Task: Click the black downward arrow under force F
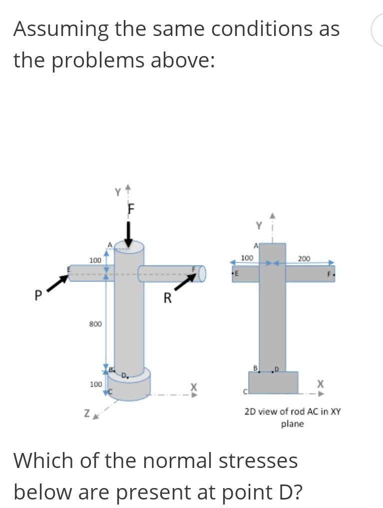(128, 234)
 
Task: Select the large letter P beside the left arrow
(37, 295)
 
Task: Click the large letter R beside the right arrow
(168, 299)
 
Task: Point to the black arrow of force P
(58, 283)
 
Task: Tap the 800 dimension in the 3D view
(95, 324)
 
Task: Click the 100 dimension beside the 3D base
(95, 384)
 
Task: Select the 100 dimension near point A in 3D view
(95, 260)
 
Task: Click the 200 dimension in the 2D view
(304, 258)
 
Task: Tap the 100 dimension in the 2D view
(247, 257)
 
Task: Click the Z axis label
(87, 413)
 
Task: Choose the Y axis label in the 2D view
(259, 225)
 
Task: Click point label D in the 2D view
(276, 368)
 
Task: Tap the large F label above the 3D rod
(132, 208)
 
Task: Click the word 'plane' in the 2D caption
(292, 424)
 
